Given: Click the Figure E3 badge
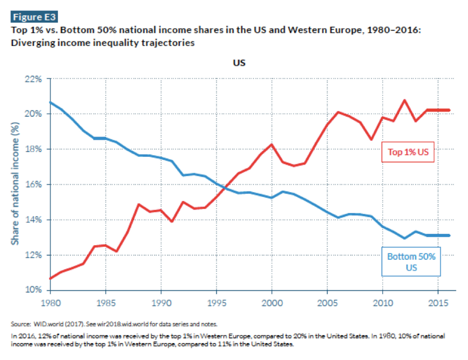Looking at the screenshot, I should pyautogui.click(x=34, y=17).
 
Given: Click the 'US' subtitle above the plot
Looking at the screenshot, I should pyautogui.click(x=239, y=63).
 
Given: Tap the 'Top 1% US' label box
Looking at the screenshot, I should pyautogui.click(x=408, y=152).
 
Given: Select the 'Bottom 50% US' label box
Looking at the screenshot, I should pyautogui.click(x=411, y=262).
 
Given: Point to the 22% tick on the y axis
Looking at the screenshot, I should pyautogui.click(x=33, y=79).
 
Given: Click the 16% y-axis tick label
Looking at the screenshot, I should pyautogui.click(x=33, y=184).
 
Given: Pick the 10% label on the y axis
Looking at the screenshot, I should pyautogui.click(x=33, y=290).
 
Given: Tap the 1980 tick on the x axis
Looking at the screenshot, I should pyautogui.click(x=51, y=303).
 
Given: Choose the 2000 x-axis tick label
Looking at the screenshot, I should pyautogui.click(x=272, y=303).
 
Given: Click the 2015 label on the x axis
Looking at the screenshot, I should pyautogui.click(x=438, y=303).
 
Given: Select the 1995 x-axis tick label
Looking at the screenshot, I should pyautogui.click(x=216, y=303).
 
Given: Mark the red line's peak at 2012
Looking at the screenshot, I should pyautogui.click(x=404, y=100).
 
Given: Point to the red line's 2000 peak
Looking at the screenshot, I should pyautogui.click(x=272, y=144).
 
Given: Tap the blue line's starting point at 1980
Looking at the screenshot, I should pyautogui.click(x=50, y=102).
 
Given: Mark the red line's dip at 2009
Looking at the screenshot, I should pyautogui.click(x=371, y=139).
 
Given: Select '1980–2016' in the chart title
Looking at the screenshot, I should pyautogui.click(x=393, y=30).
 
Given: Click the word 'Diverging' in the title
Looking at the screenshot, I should pyautogui.click(x=30, y=43).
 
